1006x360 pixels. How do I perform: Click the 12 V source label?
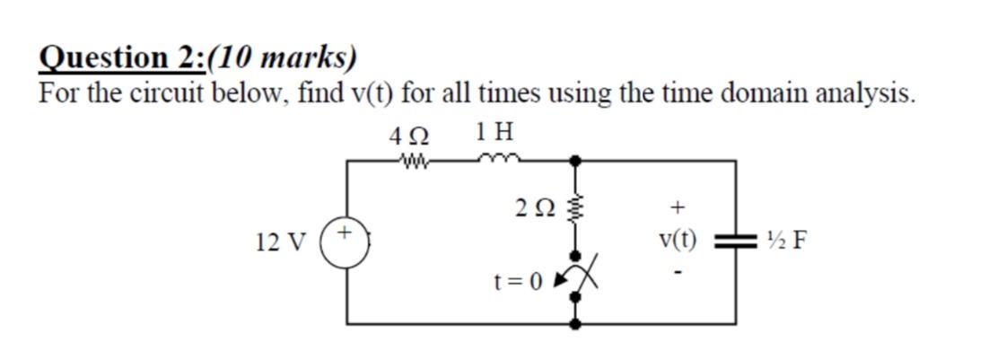280,242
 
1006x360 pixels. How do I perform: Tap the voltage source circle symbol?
347,242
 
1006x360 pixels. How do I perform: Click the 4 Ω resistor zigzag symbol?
415,162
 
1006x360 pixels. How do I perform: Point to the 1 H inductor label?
495,134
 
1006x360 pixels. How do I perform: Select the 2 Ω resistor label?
535,208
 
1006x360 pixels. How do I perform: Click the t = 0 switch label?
519,282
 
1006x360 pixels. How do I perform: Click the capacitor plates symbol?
735,241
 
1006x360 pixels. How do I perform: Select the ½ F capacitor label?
786,241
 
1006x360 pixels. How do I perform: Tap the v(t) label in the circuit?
678,240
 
